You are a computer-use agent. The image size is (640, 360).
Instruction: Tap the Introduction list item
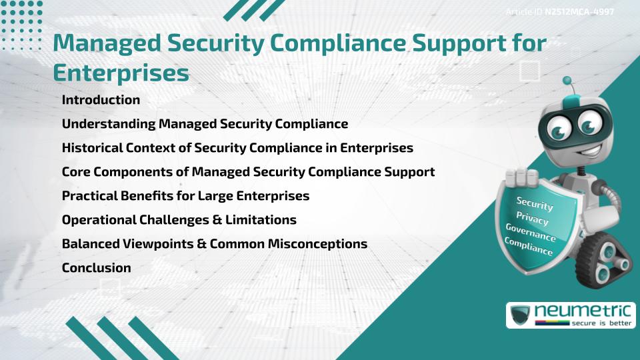(x=101, y=100)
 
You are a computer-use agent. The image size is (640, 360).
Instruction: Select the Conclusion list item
(x=96, y=268)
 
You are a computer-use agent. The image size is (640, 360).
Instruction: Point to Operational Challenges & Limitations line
(x=179, y=220)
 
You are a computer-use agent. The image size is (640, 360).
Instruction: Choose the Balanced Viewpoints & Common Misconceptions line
(x=214, y=244)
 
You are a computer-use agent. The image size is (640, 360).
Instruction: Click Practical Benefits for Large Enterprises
(x=185, y=196)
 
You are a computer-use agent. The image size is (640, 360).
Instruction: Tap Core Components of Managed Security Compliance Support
(x=248, y=172)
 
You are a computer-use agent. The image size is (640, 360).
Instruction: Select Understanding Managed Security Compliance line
(x=205, y=124)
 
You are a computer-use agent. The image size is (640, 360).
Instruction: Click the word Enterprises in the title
(x=120, y=73)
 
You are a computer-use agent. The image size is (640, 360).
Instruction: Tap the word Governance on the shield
(x=530, y=233)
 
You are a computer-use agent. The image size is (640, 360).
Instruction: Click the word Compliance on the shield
(x=529, y=247)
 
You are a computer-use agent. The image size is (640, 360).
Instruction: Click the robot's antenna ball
(x=567, y=81)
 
